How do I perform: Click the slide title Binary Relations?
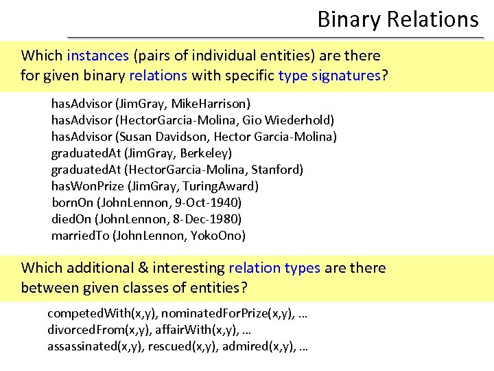click(397, 19)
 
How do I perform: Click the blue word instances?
click(97, 56)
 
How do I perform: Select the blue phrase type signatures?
click(329, 75)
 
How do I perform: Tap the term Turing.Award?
click(221, 185)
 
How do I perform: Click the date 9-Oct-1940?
click(203, 202)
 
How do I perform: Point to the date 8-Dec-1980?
click(204, 218)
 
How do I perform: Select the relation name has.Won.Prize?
click(86, 185)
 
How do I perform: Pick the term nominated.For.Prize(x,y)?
click(229, 313)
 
